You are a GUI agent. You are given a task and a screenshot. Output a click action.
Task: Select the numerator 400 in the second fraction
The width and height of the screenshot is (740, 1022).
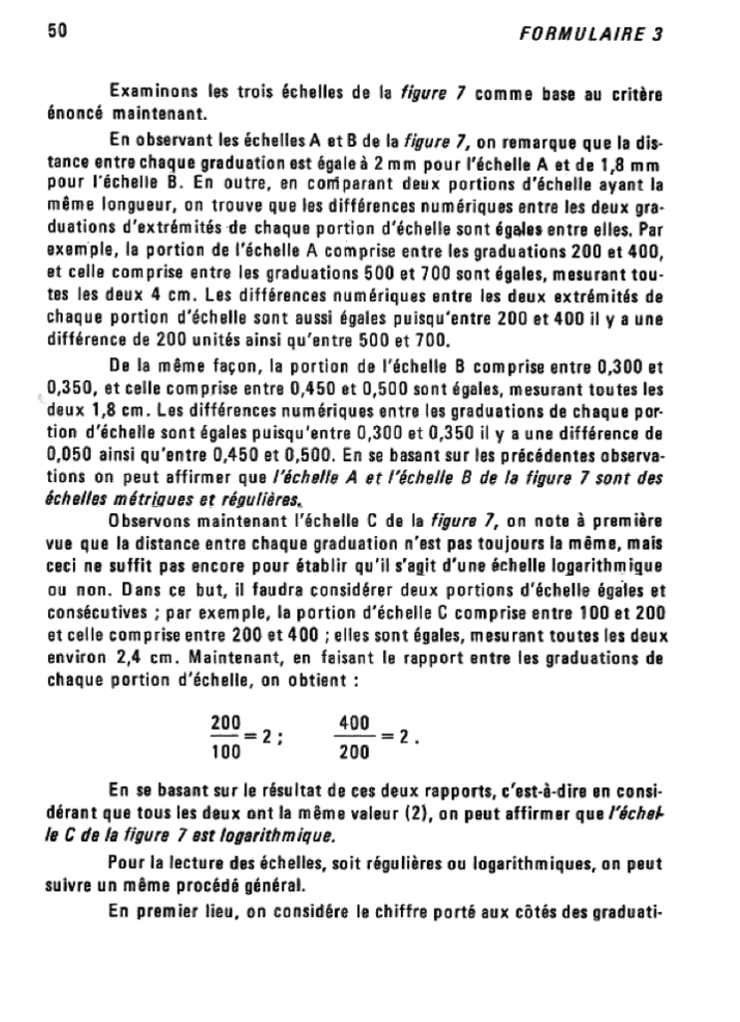point(355,722)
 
